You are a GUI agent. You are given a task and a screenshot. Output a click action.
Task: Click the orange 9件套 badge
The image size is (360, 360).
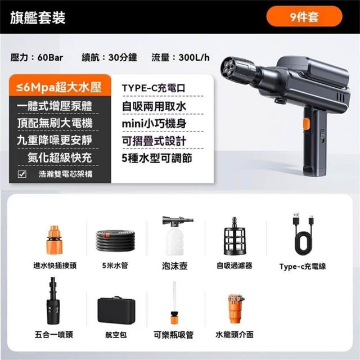(x=304, y=16)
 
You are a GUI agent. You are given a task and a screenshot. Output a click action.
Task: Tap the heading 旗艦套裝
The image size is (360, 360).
(x=38, y=17)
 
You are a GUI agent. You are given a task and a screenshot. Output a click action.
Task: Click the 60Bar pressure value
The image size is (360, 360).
(x=50, y=57)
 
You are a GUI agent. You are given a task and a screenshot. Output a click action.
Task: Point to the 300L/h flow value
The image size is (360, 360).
(x=194, y=57)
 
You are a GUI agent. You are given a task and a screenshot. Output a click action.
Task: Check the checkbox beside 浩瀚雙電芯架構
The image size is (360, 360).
(x=22, y=174)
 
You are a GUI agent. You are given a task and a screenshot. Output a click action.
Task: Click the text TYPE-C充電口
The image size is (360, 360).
(x=154, y=88)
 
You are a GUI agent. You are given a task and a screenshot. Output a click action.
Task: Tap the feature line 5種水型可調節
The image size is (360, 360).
(x=157, y=158)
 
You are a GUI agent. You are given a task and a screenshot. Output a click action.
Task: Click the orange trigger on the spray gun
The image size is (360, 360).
(x=306, y=124)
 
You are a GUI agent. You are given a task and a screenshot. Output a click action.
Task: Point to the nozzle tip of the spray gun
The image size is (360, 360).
(x=230, y=67)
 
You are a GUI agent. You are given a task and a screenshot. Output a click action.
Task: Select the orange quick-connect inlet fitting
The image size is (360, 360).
(x=55, y=240)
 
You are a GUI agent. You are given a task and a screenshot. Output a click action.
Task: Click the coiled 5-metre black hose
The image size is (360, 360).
(x=115, y=240)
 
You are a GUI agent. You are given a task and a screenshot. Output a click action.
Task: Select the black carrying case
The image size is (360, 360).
(x=116, y=310)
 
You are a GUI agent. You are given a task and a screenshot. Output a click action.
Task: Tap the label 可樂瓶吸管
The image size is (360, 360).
(x=174, y=335)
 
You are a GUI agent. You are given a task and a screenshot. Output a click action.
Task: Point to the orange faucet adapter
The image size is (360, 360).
(x=236, y=309)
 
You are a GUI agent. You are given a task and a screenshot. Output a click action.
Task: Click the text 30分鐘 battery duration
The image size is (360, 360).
(x=123, y=57)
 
